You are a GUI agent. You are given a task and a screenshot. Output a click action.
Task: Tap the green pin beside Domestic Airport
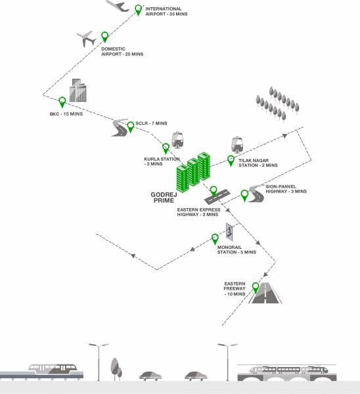point(104,37)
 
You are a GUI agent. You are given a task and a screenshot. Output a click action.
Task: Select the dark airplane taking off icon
point(118,6)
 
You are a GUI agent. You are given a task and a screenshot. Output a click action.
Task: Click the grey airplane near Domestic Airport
point(86,39)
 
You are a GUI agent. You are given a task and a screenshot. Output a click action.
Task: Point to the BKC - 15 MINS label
point(65,114)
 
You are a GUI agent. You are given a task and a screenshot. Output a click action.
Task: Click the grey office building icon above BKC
point(79,91)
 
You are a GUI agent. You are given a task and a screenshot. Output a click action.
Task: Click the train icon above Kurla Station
point(177,141)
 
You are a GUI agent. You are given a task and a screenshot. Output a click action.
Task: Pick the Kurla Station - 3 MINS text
point(158,161)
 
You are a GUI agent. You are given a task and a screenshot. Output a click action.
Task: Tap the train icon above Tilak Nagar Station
point(236,144)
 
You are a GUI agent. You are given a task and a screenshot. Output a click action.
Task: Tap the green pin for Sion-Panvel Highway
point(244,194)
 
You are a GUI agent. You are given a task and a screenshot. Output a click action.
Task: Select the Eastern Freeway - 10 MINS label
point(235,289)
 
